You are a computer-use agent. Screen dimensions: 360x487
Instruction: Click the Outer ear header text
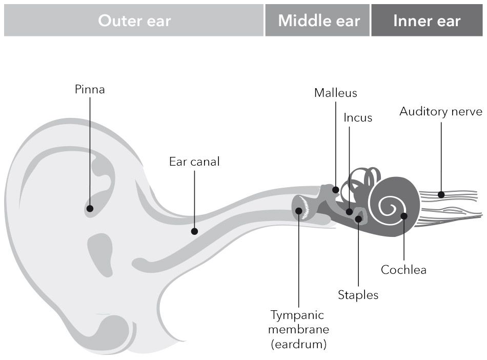[134, 21]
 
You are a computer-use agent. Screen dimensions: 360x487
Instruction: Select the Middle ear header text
[319, 21]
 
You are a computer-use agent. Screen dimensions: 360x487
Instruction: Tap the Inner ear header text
[427, 21]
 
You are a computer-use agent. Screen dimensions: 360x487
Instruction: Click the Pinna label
[90, 89]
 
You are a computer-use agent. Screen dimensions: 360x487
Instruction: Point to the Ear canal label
[194, 162]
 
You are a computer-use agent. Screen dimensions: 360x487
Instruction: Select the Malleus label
[336, 93]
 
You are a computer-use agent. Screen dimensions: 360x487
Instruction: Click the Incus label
[358, 117]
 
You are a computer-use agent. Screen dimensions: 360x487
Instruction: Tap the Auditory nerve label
[441, 111]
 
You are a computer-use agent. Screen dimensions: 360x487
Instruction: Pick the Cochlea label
[403, 270]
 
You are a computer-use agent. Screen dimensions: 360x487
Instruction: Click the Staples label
[358, 295]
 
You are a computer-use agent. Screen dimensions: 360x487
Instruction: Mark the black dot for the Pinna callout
[90, 208]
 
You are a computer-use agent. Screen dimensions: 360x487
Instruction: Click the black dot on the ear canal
[194, 231]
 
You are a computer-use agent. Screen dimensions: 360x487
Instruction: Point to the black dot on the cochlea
[404, 216]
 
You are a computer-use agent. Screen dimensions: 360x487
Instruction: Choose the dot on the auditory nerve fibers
[441, 194]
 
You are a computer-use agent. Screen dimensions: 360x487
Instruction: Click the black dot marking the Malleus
[336, 190]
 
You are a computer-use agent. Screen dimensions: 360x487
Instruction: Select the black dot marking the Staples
[358, 219]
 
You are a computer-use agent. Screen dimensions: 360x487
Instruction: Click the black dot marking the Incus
[349, 211]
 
